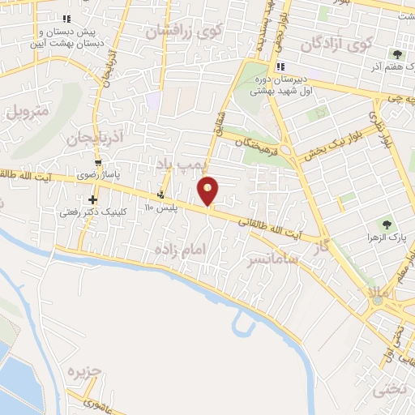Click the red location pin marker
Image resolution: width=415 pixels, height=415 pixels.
208,191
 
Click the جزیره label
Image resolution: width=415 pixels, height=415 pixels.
87,374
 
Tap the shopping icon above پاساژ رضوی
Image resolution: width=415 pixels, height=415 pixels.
98,162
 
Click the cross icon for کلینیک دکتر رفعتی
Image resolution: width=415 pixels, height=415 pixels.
93,199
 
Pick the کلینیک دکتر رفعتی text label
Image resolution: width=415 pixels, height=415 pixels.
91,212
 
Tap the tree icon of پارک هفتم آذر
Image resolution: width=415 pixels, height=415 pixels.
397,54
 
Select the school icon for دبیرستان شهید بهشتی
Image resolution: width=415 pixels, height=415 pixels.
280,66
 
